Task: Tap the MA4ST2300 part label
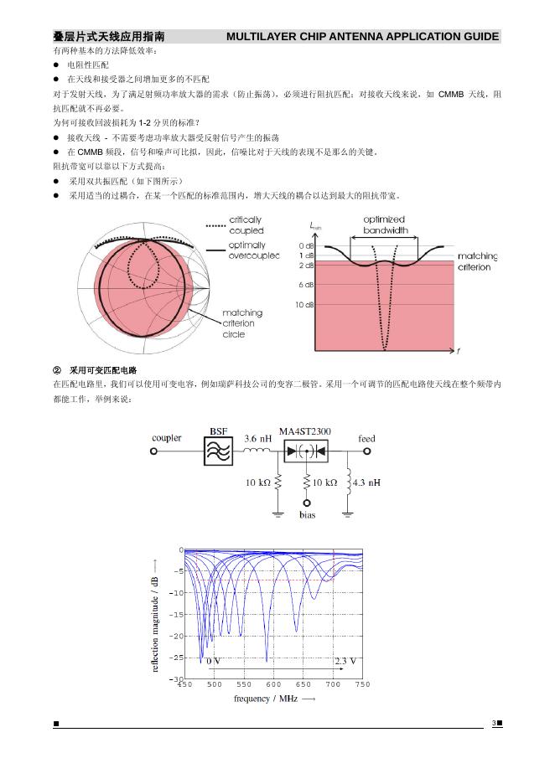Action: [x=304, y=431]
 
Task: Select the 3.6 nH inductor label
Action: [x=258, y=438]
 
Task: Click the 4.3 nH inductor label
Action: [x=367, y=482]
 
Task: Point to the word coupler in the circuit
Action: [x=167, y=438]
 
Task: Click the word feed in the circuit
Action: [x=366, y=438]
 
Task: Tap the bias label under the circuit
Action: [x=307, y=515]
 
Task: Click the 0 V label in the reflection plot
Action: [x=214, y=661]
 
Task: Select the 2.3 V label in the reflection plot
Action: [x=345, y=661]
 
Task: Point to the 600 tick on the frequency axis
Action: [x=273, y=685]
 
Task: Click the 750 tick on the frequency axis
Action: [x=362, y=685]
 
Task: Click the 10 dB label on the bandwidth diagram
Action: [x=305, y=305]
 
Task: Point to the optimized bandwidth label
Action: [x=386, y=224]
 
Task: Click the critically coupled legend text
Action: [x=246, y=225]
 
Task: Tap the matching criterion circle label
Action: [x=241, y=323]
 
